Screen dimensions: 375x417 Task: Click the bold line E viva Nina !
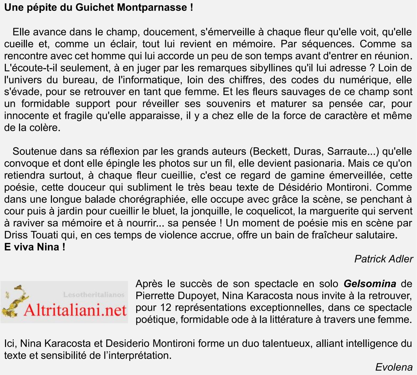pos(35,247)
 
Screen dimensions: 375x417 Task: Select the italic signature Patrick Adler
pos(384,259)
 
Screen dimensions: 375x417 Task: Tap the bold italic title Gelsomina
pos(370,284)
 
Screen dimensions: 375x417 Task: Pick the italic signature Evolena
pos(394,367)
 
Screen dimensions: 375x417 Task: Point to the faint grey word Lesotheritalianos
pos(94,294)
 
